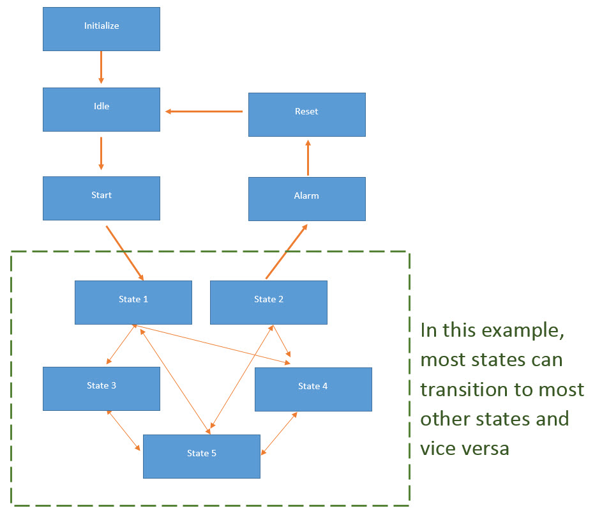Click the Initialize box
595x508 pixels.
102,29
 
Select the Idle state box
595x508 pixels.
102,110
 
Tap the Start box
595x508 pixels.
102,198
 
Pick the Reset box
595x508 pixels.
307,114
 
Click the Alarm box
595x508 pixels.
307,199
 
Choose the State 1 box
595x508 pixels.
133,303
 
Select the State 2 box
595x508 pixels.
269,303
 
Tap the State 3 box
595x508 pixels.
102,389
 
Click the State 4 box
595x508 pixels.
313,390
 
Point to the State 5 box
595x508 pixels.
202,456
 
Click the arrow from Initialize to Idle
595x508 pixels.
101,67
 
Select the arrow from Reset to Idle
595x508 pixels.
204,112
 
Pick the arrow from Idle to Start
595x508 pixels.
101,153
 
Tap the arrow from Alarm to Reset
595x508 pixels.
308,158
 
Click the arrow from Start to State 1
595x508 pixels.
125,253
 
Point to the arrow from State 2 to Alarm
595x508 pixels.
287,251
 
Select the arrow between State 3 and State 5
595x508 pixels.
124,431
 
